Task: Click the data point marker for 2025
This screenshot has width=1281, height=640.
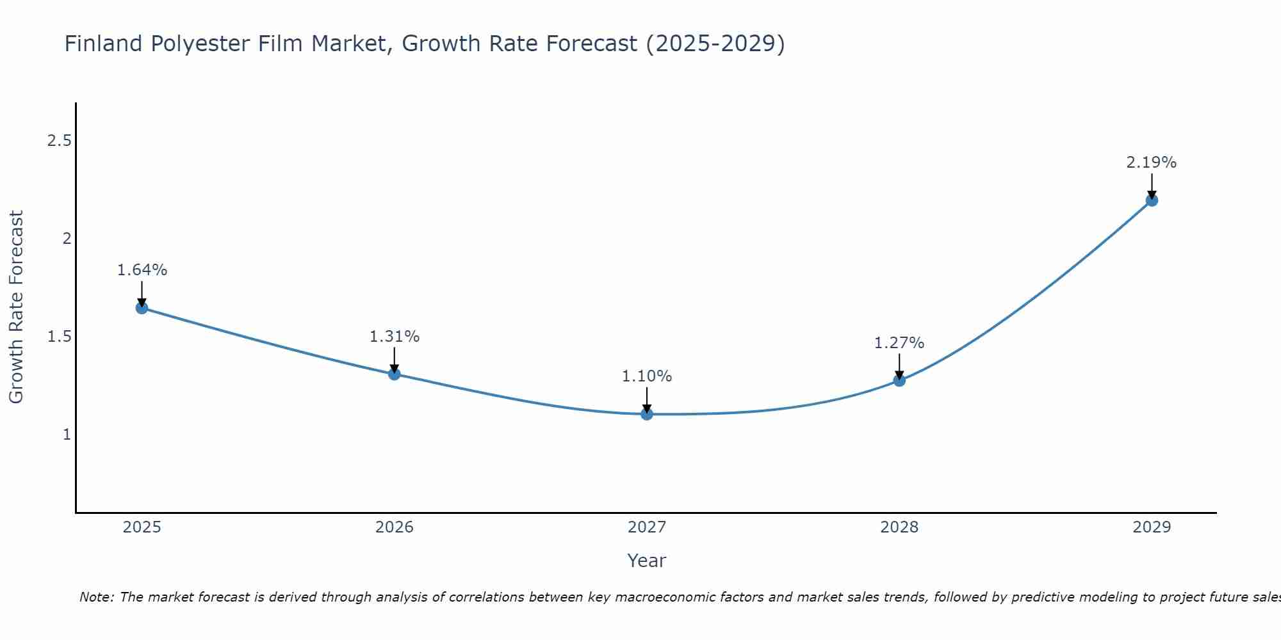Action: (x=142, y=308)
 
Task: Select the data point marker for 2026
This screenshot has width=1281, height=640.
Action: (x=395, y=374)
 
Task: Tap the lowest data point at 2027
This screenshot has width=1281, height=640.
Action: (x=647, y=414)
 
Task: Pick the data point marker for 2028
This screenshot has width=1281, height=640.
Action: (x=899, y=380)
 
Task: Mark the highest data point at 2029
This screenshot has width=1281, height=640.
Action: (x=1152, y=200)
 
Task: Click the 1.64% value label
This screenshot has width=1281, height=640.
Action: (x=142, y=270)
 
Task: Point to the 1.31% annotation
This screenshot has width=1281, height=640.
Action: (x=395, y=336)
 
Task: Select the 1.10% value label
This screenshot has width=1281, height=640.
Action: (x=647, y=376)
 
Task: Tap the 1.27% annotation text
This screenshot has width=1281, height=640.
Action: (x=899, y=343)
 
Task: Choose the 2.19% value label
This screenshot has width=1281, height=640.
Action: (x=1152, y=163)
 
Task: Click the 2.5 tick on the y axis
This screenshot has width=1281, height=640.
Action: (x=59, y=141)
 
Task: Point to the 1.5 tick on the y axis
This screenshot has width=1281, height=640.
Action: (x=59, y=337)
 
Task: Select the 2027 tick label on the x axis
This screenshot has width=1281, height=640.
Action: (x=647, y=527)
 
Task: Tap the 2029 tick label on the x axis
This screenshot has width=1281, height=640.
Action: (x=1152, y=527)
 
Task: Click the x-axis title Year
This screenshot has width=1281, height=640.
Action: (x=647, y=561)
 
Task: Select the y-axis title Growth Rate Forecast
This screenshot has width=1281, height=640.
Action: (x=16, y=307)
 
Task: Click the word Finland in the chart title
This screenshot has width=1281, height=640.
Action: (x=103, y=44)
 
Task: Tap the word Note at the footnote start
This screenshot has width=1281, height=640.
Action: (x=96, y=597)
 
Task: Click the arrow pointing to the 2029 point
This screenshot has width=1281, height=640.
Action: (x=1152, y=186)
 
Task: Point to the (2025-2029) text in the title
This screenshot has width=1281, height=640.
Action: (x=715, y=44)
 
